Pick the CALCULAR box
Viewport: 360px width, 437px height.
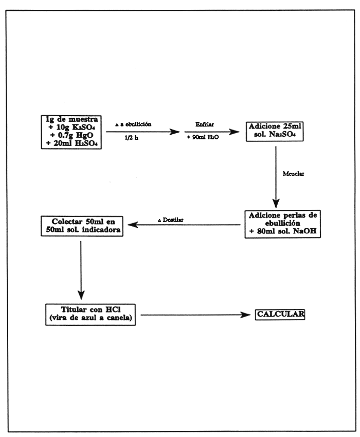tap(280, 313)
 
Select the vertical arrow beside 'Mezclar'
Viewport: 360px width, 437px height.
tap(277, 175)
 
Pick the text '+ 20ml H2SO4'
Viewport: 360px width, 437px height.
tap(71, 143)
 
